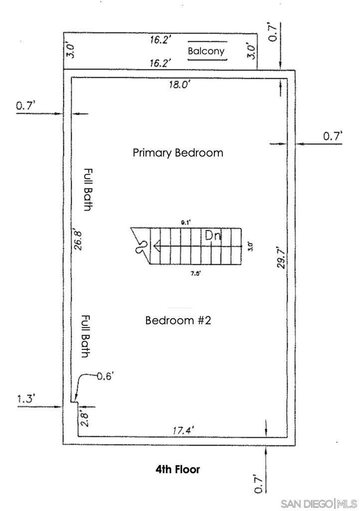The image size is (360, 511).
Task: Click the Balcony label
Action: (206, 51)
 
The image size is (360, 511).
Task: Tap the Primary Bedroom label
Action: (178, 153)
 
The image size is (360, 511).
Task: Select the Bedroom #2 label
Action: (178, 320)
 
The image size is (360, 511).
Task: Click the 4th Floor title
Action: (178, 469)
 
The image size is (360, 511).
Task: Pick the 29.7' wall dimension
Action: (281, 257)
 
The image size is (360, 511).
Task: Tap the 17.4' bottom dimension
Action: (183, 431)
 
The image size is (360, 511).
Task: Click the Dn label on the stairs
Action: (213, 236)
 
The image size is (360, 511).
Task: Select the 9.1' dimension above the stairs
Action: (185, 223)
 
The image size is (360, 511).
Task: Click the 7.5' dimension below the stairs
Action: (195, 274)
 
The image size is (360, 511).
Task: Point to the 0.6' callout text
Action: (105, 376)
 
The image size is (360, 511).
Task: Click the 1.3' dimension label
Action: (26, 399)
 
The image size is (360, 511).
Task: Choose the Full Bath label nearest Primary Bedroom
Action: (88, 190)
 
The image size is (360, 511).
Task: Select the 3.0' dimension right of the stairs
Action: (250, 246)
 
